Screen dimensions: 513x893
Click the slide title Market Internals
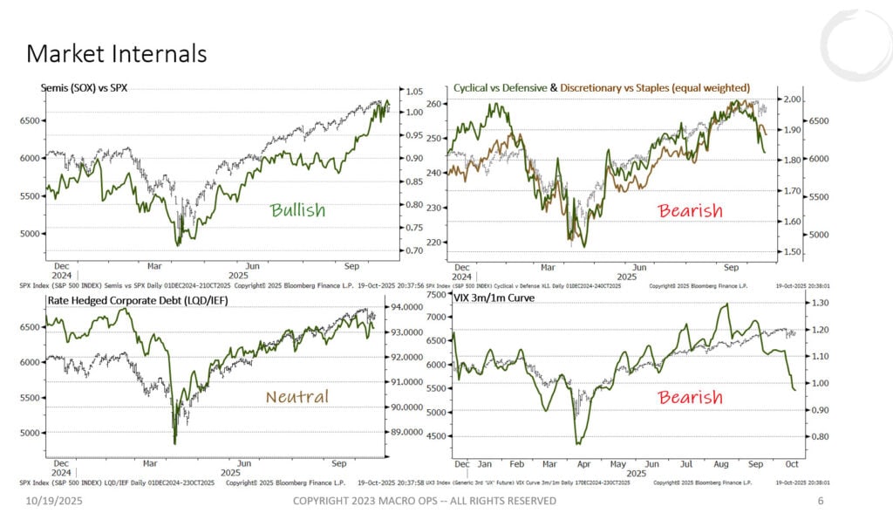(x=116, y=54)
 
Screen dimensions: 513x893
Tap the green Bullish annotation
(x=297, y=210)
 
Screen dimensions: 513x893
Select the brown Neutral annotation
(x=297, y=397)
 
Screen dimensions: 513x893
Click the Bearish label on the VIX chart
(x=690, y=398)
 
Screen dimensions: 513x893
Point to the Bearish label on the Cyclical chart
(x=690, y=210)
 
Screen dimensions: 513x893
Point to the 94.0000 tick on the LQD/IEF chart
(x=414, y=307)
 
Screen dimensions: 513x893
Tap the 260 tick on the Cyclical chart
(x=435, y=104)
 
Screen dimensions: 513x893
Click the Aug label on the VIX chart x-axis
(x=724, y=463)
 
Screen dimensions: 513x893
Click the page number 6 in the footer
(x=821, y=501)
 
